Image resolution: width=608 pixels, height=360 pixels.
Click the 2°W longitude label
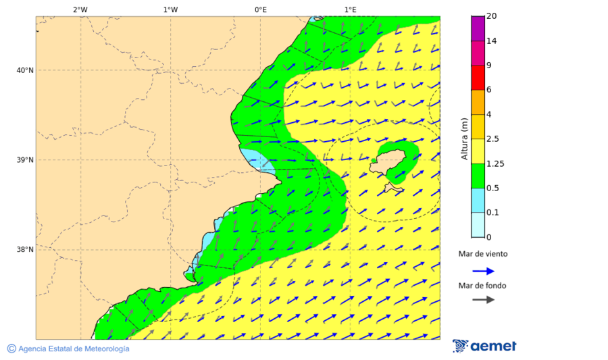[80, 9]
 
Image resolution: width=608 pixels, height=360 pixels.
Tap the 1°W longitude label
[170, 9]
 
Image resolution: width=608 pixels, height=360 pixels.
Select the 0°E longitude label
[260, 9]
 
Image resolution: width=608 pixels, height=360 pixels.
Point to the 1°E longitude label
[350, 9]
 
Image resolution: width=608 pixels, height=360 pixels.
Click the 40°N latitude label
[25, 70]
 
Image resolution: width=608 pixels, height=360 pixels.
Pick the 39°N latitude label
[25, 160]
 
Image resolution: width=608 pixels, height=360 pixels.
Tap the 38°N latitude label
[25, 250]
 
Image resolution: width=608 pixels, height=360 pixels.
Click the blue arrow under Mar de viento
[483, 271]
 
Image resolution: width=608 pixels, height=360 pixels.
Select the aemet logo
[484, 346]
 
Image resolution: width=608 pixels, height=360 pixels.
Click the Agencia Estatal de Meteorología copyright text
[68, 349]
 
